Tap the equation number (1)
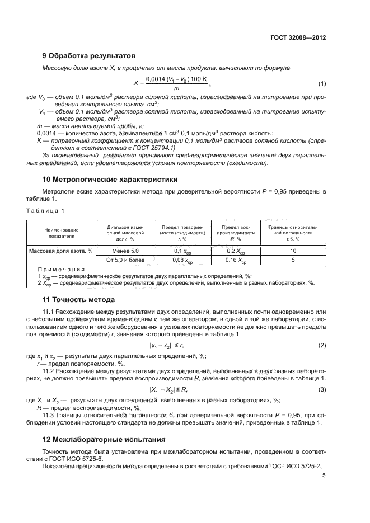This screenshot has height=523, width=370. pyautogui.click(x=322, y=84)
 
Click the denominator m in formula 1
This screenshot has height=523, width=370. pyautogui.click(x=176, y=88)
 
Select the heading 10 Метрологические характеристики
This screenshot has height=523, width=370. pyautogui.click(x=110, y=180)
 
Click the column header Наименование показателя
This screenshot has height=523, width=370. pyautogui.click(x=63, y=233)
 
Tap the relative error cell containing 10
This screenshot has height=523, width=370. pyautogui.click(x=293, y=251)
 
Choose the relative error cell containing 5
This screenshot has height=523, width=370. pyautogui.click(x=293, y=260)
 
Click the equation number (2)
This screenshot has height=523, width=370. pyautogui.click(x=322, y=346)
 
